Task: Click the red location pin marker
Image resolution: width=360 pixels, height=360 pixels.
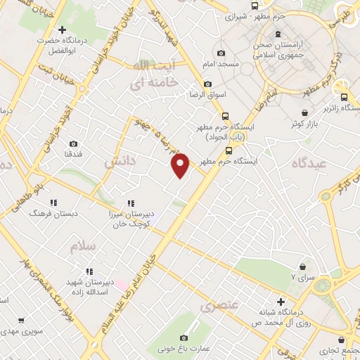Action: point(181,165)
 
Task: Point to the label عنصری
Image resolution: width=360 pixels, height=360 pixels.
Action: point(219,306)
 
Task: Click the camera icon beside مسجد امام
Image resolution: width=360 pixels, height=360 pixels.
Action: point(221,53)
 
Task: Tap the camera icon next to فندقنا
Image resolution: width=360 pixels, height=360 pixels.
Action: point(74,143)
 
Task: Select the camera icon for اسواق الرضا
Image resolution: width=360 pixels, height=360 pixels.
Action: point(207,84)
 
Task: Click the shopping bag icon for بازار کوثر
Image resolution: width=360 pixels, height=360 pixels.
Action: point(304,112)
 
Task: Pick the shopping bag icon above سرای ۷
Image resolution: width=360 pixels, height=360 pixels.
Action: point(303,266)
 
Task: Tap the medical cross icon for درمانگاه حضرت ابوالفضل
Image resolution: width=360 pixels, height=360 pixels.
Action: point(64,30)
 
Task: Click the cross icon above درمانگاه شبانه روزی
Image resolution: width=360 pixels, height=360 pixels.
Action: point(280,301)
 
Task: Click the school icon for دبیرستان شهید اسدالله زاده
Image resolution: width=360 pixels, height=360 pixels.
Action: point(89,271)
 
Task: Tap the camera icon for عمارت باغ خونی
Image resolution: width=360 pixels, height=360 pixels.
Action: point(184,337)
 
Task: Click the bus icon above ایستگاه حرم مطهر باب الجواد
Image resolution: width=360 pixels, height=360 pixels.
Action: point(224,117)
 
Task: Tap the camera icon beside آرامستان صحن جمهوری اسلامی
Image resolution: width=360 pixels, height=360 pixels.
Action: point(278,34)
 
